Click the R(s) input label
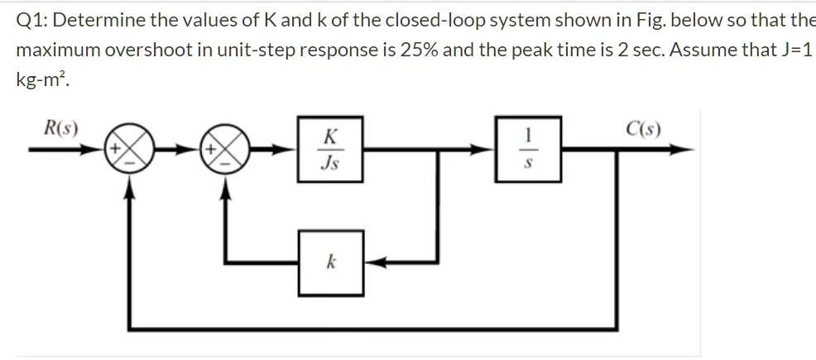[x=61, y=128]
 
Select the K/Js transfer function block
[x=329, y=150]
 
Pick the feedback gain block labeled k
[x=329, y=263]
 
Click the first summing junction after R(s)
[x=129, y=151]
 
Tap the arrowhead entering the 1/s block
[x=489, y=150]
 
